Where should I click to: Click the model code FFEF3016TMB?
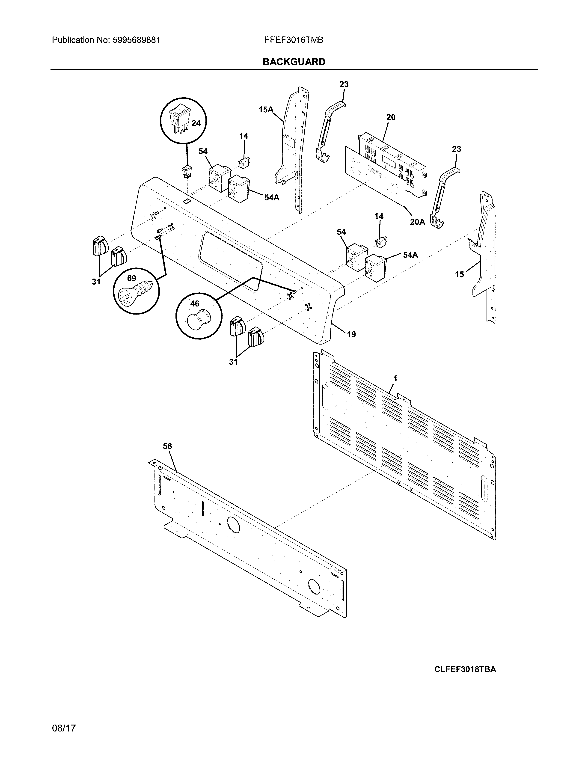tap(294, 40)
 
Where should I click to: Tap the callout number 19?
tap(351, 335)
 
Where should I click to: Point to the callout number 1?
tap(395, 378)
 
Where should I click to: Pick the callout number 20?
tap(391, 117)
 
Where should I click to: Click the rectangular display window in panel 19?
tap(230, 261)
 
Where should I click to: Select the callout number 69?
tap(131, 278)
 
